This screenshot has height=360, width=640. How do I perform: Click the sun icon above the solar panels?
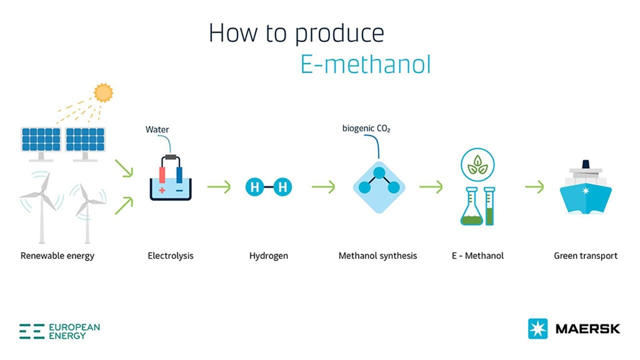coord(103,92)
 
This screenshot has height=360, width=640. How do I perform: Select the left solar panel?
coord(40,139)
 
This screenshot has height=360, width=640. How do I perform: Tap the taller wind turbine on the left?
coord(43,200)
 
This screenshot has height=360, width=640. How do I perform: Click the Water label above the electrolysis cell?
coord(157,129)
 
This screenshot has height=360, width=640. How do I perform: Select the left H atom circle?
coord(254,187)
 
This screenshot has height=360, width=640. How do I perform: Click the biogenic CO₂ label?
coord(366,128)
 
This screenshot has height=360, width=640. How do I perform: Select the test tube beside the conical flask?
coord(489,206)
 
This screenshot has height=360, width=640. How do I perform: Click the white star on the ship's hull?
coord(584,192)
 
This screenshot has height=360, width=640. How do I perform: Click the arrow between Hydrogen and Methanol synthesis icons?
coord(323,187)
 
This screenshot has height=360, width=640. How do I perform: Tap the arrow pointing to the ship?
coord(534,187)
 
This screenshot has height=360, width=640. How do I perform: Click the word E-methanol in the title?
coord(365,64)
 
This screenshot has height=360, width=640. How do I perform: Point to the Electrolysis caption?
coord(170,255)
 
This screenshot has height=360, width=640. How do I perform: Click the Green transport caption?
coord(585,255)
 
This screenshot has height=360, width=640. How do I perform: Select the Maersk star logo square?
coord(537,328)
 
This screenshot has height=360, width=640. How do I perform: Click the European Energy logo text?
coord(74,331)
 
